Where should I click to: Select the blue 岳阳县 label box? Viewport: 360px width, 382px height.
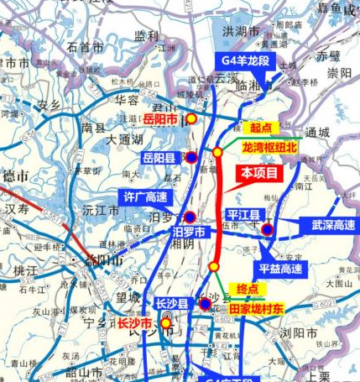click(x=159, y=157)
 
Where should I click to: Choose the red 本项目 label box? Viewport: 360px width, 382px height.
click(x=258, y=172)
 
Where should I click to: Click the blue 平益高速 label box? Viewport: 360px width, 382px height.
click(x=281, y=269)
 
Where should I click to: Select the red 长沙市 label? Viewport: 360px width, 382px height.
click(x=134, y=323)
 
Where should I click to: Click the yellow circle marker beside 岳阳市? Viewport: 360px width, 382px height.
click(x=191, y=118)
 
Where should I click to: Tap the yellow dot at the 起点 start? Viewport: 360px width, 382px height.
click(x=218, y=152)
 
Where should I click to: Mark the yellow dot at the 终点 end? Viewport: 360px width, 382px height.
click(x=213, y=268)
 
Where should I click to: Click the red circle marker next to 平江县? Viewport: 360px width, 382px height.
click(x=268, y=228)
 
